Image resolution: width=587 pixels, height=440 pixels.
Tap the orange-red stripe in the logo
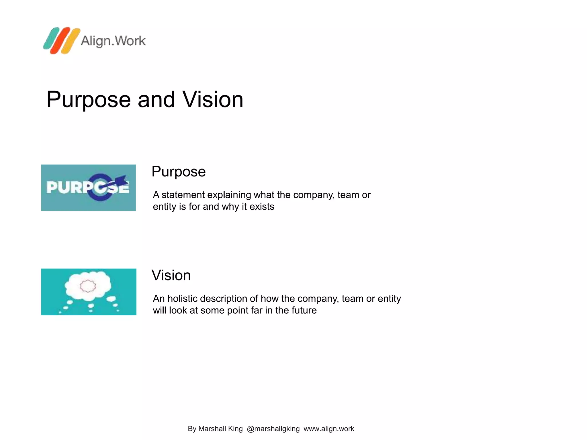pos(60,40)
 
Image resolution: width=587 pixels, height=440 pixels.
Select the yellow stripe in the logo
pos(71,41)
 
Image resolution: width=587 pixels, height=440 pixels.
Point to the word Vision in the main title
pos(213,99)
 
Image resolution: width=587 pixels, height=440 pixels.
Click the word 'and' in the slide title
pos(156,99)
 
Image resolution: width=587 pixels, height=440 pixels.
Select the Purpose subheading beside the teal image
pos(179,172)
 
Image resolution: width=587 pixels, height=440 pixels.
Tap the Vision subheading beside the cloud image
pos(171,275)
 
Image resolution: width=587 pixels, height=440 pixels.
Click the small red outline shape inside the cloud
pos(88,286)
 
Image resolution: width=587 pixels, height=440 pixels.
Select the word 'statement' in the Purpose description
pos(183,195)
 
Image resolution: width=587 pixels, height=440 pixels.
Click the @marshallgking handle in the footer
pos(273,429)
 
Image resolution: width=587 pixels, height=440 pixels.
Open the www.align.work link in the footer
pos(329,429)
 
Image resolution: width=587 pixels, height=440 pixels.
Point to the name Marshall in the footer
pos(212,429)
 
